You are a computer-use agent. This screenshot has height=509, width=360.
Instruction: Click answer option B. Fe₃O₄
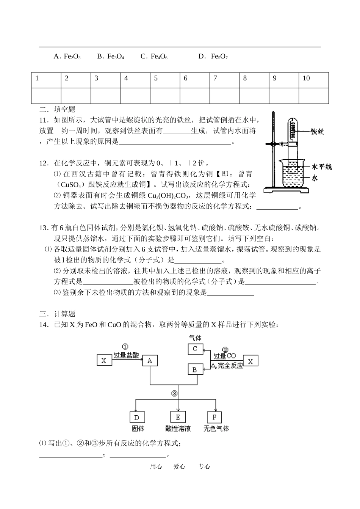click(x=111, y=57)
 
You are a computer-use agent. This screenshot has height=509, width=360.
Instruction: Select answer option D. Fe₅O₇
click(x=213, y=57)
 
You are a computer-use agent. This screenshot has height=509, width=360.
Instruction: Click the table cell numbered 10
click(x=313, y=79)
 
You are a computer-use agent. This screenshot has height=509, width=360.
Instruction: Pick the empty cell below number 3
click(x=106, y=96)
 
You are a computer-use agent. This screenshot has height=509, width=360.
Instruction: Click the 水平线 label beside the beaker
click(x=321, y=167)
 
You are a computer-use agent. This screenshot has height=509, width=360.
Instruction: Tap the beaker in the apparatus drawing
click(x=290, y=174)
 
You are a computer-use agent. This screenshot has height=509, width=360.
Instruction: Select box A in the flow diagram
click(x=150, y=361)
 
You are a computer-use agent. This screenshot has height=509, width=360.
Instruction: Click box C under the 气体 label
click(x=195, y=349)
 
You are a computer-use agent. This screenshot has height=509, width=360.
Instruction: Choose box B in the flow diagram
click(x=195, y=369)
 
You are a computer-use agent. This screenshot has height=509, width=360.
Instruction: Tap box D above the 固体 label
click(x=137, y=417)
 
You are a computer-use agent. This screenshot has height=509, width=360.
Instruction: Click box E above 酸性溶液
click(x=178, y=417)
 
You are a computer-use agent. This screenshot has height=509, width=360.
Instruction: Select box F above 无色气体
click(x=214, y=417)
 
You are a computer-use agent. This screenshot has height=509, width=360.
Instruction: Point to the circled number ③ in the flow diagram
click(x=174, y=394)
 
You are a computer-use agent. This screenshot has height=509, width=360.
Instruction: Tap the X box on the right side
click(x=250, y=361)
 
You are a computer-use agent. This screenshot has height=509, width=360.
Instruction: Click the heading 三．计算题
click(x=57, y=314)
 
